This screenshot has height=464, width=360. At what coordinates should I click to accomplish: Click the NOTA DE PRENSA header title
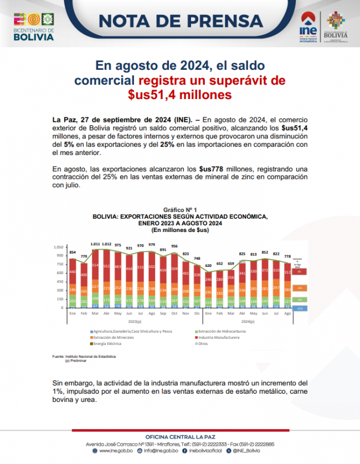[x=181, y=20]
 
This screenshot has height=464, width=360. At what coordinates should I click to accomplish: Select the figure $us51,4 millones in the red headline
[x=179, y=95]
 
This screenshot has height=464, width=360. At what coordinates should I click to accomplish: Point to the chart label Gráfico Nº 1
[x=180, y=210]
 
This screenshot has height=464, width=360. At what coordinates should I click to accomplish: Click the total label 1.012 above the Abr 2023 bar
[x=107, y=244]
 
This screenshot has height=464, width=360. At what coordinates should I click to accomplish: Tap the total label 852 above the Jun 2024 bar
[x=265, y=252]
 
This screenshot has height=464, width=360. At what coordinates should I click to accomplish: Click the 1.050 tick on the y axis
[x=58, y=247]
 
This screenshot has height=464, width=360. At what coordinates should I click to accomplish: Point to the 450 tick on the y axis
[x=59, y=281]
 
